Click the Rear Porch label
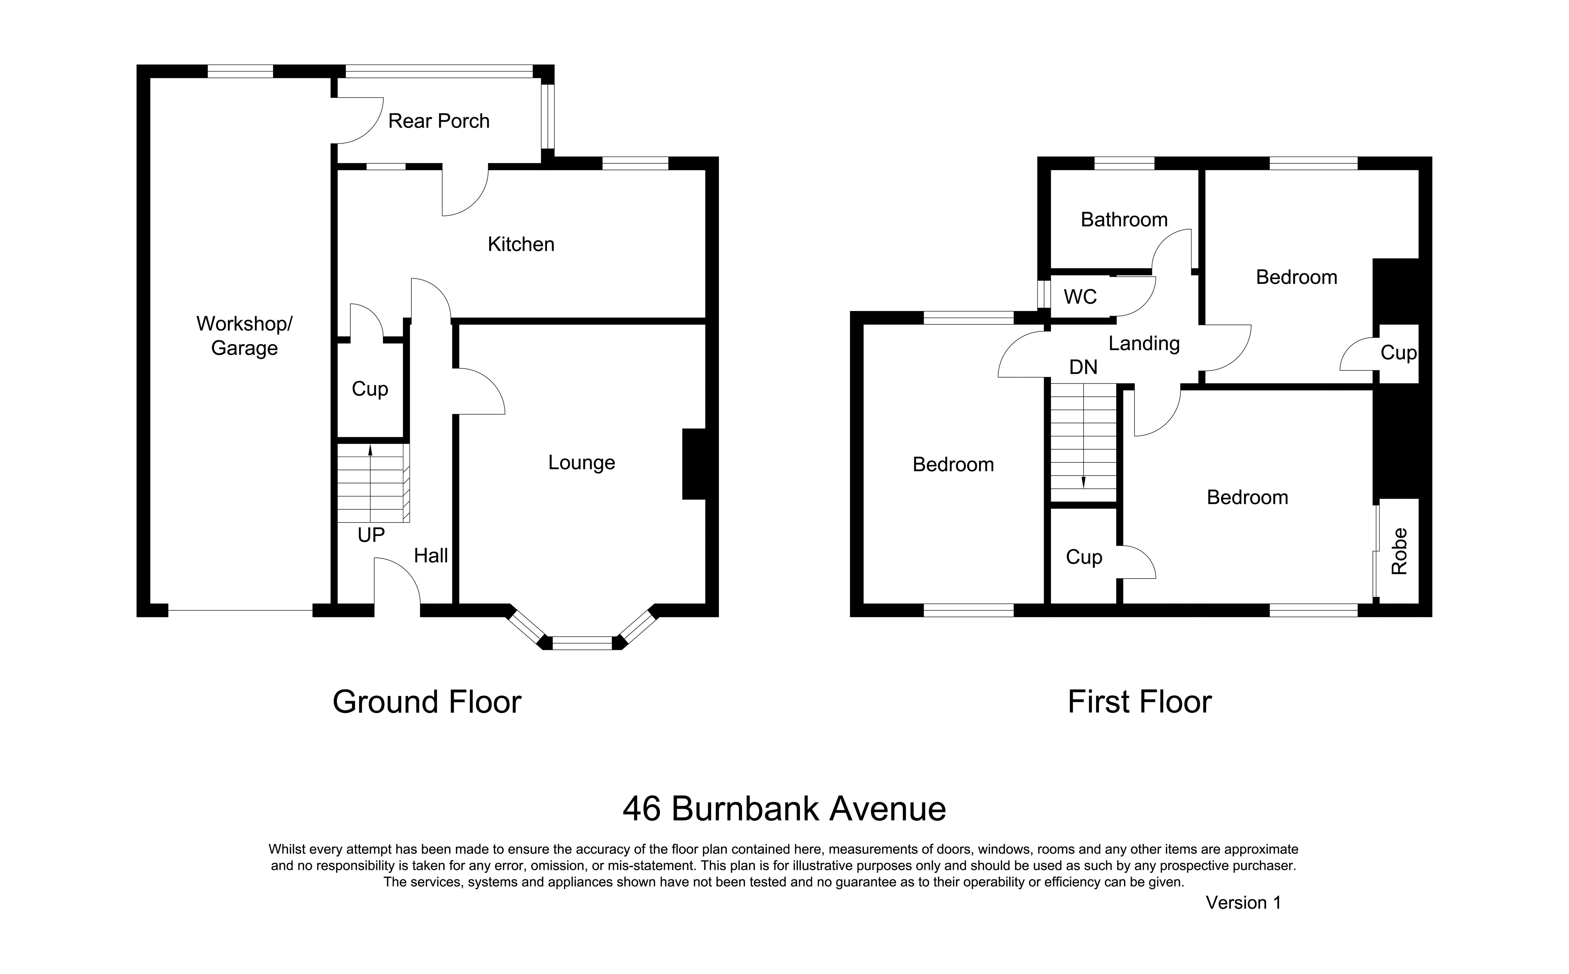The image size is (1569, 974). pos(439,121)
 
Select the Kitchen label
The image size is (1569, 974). pos(521,244)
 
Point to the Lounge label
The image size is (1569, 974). pos(581,463)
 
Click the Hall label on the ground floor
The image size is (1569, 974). pos(431,555)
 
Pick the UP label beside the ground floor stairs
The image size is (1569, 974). pos(371,535)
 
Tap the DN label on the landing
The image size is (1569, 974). pos(1083,367)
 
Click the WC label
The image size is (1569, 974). pos(1080,297)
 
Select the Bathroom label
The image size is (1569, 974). pos(1124,220)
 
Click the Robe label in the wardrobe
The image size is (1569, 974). pos(1399,551)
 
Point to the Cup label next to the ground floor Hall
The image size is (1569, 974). pos(370,389)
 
